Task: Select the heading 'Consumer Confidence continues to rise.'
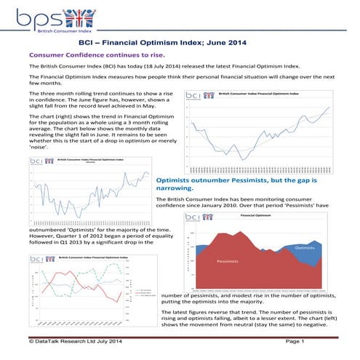coord(96,55)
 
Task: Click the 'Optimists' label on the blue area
coord(304,247)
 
